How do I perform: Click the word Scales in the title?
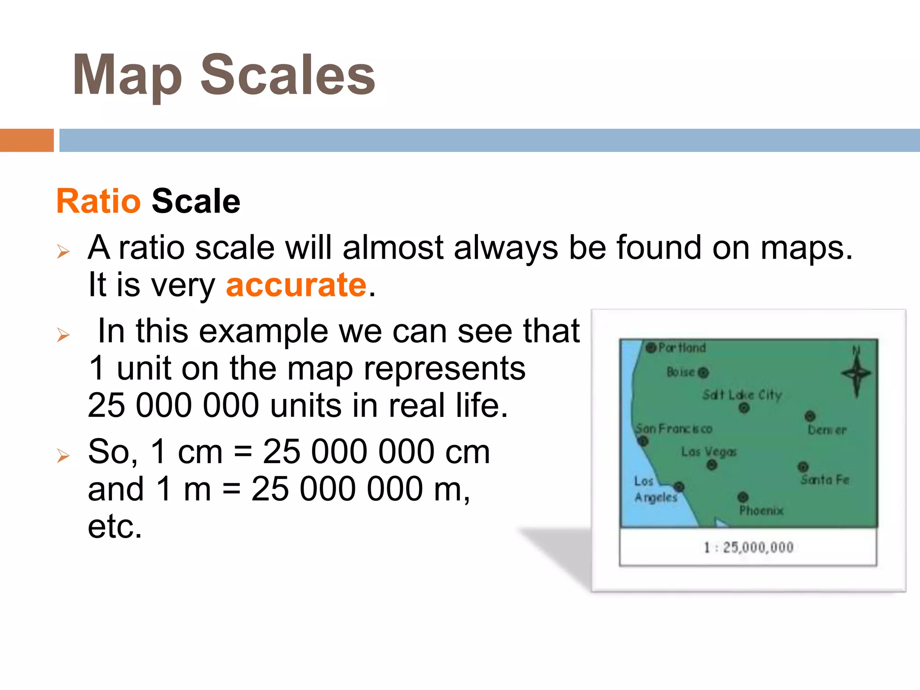(x=287, y=75)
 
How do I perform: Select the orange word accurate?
(x=296, y=285)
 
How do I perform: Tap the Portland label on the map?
(x=681, y=347)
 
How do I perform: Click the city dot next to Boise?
(x=703, y=372)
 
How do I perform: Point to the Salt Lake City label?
(x=742, y=395)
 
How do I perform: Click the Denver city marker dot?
(x=809, y=416)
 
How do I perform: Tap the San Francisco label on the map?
(x=674, y=429)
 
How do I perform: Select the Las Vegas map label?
(x=708, y=451)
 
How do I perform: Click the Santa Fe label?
(x=825, y=480)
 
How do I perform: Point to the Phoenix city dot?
(x=743, y=497)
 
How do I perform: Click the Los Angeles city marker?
(x=679, y=487)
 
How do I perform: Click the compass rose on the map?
(x=856, y=373)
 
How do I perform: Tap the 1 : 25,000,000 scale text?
(x=748, y=547)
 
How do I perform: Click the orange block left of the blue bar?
(x=27, y=140)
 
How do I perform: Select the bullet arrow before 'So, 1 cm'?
(x=63, y=456)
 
